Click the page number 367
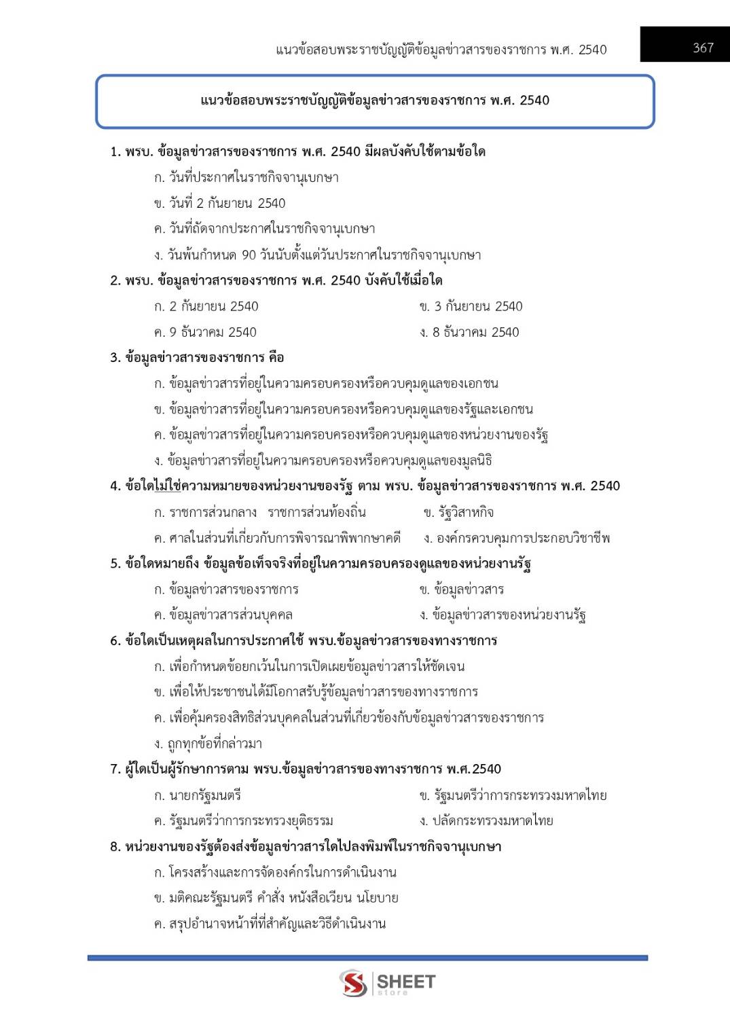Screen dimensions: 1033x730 [703, 48]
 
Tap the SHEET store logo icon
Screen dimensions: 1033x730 [353, 983]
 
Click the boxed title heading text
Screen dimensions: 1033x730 [375, 101]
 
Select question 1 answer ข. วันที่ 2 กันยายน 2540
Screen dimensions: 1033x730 [219, 203]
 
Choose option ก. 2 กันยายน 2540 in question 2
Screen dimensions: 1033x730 [206, 306]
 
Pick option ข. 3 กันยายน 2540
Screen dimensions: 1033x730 [471, 306]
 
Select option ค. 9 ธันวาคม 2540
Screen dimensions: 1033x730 [205, 332]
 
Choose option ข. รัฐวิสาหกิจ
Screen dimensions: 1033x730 [458, 512]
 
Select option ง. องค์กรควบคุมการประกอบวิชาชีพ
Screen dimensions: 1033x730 [516, 538]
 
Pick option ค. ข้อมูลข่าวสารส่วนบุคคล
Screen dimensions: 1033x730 [223, 615]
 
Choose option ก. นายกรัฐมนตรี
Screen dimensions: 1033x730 [197, 795]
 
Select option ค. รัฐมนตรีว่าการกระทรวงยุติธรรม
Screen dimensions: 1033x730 [243, 820]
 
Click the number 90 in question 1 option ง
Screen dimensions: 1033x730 [249, 255]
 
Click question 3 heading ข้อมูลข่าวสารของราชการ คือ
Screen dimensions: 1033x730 [197, 358]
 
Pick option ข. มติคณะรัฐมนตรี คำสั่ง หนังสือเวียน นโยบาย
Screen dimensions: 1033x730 [276, 898]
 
